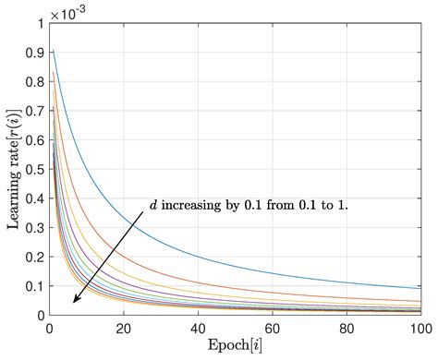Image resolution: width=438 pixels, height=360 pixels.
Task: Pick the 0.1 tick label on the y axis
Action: click(34, 287)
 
